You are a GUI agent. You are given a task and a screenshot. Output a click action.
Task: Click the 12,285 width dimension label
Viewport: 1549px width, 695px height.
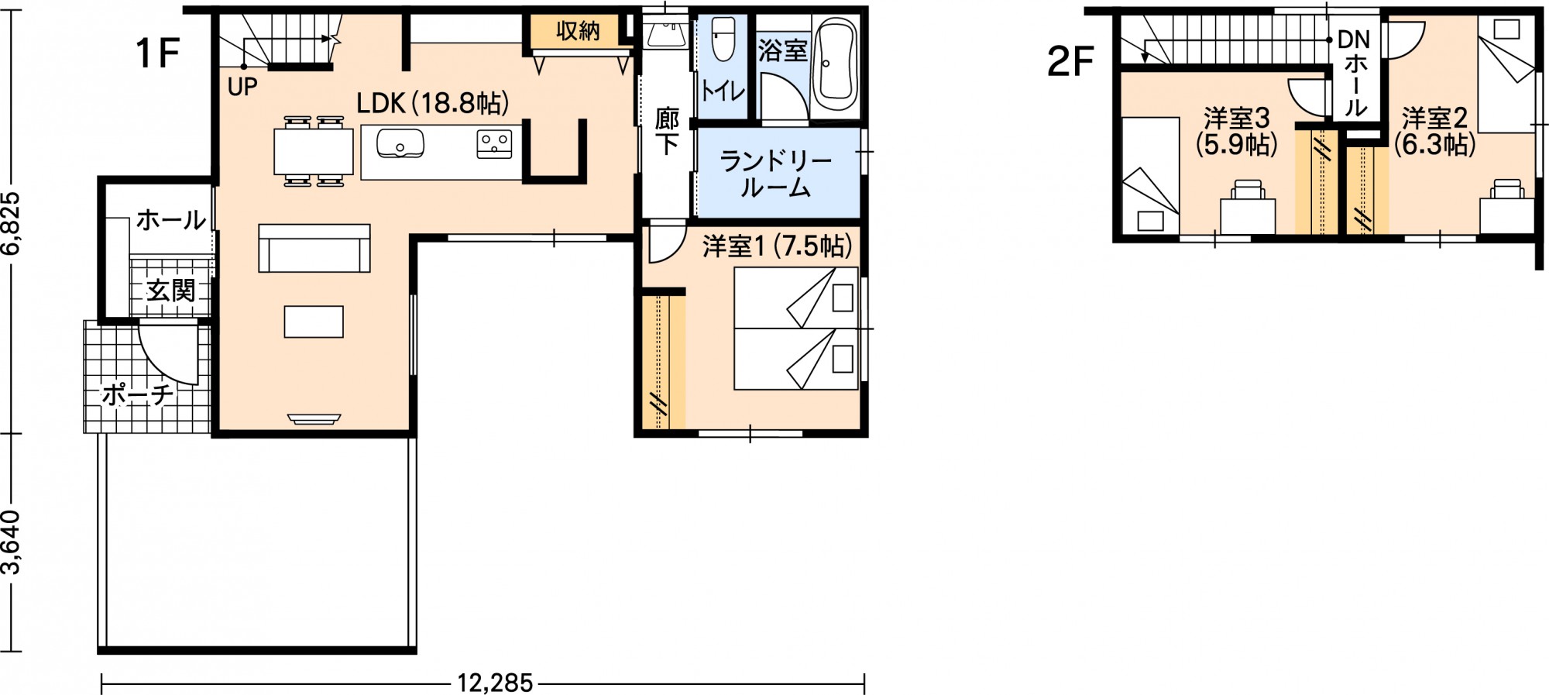click(x=494, y=683)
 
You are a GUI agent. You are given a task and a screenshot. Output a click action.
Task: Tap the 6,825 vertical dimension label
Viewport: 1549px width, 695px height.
click(x=11, y=224)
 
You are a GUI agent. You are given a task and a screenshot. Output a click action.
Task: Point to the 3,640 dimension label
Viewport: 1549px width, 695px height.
click(x=11, y=542)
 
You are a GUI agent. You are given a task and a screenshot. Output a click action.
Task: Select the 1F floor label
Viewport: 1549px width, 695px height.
click(x=157, y=53)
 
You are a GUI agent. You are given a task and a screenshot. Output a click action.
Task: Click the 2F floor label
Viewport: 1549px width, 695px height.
click(x=1070, y=61)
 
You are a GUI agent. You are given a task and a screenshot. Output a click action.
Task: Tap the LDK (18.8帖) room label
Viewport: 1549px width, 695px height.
click(x=432, y=103)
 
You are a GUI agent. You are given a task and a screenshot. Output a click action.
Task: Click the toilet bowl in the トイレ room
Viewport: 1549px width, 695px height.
click(x=723, y=39)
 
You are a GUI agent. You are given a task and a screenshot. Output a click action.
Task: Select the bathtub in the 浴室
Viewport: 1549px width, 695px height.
click(x=836, y=64)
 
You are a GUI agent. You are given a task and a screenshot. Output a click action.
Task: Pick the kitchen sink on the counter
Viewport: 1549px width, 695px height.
click(x=400, y=143)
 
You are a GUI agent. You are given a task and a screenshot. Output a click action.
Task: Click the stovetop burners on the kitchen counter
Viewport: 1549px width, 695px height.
click(x=493, y=144)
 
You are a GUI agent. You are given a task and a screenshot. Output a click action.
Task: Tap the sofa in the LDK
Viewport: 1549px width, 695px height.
click(x=314, y=247)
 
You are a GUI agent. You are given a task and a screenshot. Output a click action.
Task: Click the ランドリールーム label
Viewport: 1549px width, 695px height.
click(x=776, y=174)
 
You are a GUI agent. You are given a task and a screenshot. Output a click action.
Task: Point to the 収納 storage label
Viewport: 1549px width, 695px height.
click(x=578, y=31)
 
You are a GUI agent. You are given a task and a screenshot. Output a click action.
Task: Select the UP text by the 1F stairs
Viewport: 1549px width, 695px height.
click(x=242, y=87)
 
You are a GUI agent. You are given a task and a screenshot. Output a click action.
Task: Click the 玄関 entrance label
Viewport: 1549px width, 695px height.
click(x=170, y=291)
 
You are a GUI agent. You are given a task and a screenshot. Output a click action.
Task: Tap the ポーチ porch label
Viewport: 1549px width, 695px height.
click(x=138, y=394)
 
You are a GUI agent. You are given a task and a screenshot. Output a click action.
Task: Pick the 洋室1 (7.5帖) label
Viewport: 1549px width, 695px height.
click(x=777, y=246)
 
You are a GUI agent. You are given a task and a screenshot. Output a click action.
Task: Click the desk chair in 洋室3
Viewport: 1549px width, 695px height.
click(x=1248, y=189)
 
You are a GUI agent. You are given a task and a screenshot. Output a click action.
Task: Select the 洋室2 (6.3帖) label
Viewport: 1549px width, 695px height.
click(x=1434, y=131)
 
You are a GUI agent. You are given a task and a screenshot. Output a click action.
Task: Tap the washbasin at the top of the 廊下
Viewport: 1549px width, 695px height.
click(x=665, y=34)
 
